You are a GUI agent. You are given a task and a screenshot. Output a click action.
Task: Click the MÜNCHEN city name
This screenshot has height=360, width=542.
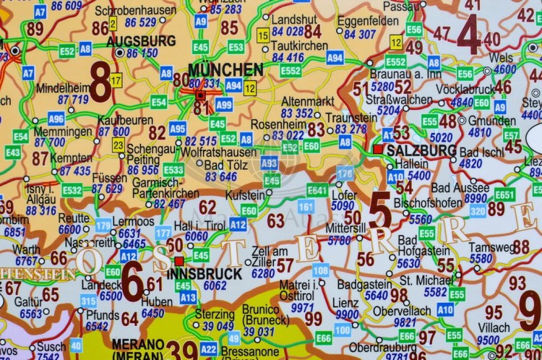tap(225, 70)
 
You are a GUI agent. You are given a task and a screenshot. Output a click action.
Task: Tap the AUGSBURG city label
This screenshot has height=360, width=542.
tap(141, 41)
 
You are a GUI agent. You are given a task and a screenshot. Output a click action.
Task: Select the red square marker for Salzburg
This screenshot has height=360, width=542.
tap(377, 149)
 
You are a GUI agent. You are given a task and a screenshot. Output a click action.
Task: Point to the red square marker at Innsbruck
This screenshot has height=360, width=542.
tap(178, 260)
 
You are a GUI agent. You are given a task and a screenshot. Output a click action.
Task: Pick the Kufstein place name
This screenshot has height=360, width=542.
tap(246, 195)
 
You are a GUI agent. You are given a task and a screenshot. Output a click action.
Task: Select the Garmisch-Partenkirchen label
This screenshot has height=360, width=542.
tap(165, 188)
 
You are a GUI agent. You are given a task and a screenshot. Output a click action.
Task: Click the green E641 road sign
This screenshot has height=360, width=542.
tap(317, 189)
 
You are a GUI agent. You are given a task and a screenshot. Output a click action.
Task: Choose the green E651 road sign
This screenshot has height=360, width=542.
tap(504, 194)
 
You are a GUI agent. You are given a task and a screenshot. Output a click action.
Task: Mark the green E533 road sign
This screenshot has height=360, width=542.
tap(173, 169)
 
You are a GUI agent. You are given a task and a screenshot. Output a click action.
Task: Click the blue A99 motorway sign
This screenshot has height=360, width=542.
tap(224, 105)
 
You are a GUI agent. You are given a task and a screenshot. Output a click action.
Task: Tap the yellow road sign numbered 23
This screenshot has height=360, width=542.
tap(119, 145)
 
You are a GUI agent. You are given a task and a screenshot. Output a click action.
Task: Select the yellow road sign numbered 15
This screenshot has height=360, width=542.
tap(263, 35)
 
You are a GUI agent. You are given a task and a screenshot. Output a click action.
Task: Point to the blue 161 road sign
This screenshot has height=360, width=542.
tap(306, 207)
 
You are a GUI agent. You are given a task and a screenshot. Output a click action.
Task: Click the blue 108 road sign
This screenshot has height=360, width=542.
tap(321, 270)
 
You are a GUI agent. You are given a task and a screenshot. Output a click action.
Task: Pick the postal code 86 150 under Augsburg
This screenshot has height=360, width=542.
tap(142, 53)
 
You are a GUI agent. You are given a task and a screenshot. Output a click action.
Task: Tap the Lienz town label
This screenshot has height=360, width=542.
tap(345, 303)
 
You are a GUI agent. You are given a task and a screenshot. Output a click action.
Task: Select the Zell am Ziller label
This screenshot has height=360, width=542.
tap(267, 255)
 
